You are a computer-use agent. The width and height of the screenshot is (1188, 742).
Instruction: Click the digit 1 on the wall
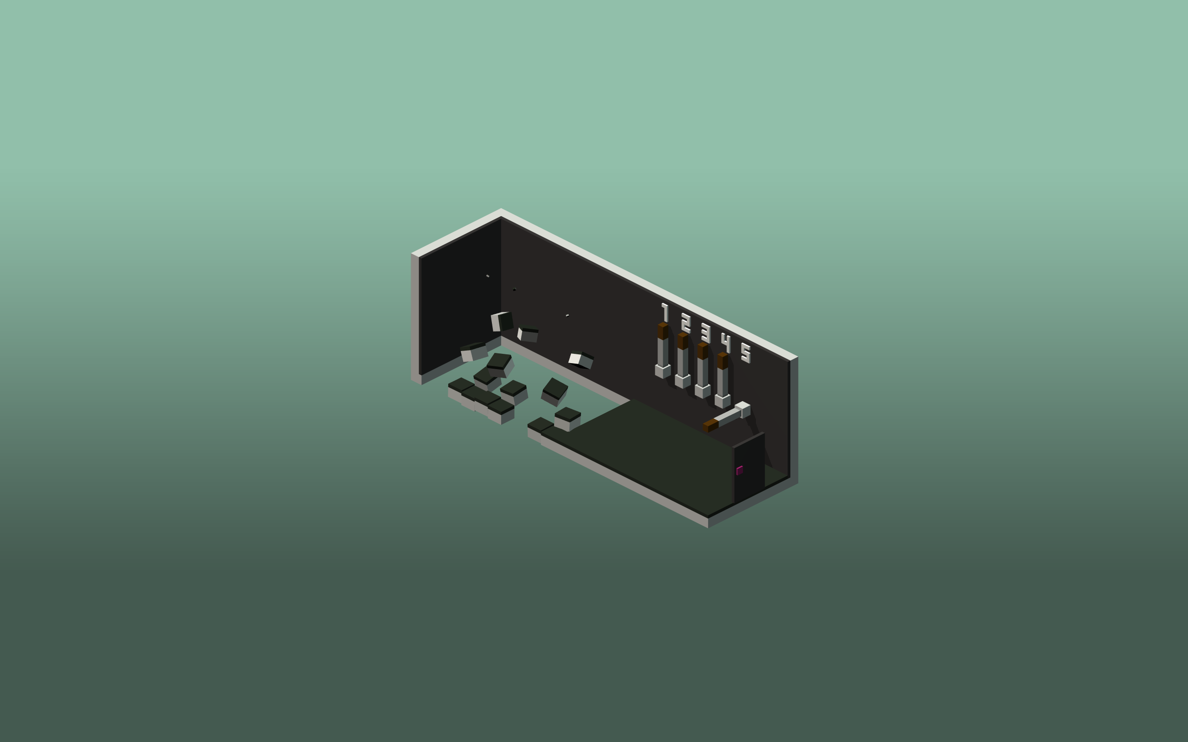[665, 313]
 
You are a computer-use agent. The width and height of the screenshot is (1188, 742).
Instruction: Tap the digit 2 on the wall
[686, 323]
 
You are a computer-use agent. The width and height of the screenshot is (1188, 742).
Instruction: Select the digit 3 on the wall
[706, 333]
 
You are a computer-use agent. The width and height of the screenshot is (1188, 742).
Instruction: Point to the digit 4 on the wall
[726, 343]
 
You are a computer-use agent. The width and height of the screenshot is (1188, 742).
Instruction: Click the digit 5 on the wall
[746, 353]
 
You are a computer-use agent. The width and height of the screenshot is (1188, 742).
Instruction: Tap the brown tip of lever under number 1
[663, 331]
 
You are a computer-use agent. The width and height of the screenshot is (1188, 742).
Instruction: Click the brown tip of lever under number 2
[683, 341]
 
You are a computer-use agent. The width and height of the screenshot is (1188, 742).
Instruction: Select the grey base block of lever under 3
[703, 391]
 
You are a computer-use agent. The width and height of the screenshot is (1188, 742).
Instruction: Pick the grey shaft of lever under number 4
[723, 382]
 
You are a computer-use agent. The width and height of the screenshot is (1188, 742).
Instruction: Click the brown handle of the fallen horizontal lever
[710, 425]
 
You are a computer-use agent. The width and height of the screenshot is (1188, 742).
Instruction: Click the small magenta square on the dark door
[739, 470]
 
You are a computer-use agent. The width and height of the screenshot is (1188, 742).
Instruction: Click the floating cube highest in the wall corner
[502, 322]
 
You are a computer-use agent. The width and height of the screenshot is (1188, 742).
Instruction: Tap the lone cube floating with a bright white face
[581, 360]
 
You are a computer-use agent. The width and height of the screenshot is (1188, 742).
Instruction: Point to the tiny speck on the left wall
[487, 276]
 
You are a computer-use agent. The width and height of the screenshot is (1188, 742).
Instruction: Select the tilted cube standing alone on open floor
[555, 390]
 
